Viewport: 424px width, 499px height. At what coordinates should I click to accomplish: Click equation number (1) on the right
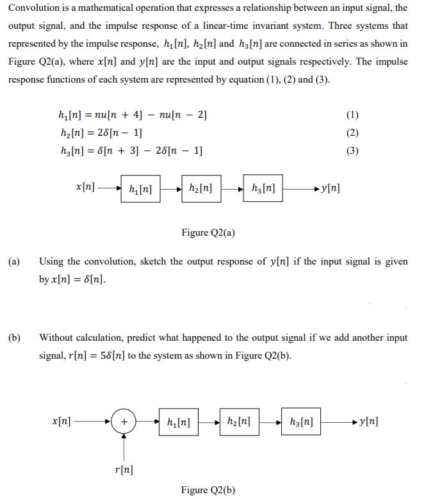coord(352,116)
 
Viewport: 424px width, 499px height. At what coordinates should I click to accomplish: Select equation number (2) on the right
coord(352,133)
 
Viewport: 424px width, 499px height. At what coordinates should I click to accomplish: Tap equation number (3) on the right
coord(352,151)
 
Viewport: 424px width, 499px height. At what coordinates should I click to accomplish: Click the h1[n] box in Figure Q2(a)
coord(140,189)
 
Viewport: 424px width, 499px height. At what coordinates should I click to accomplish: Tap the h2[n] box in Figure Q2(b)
coord(239,423)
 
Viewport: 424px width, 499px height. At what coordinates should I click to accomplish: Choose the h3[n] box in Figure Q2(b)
coord(300,423)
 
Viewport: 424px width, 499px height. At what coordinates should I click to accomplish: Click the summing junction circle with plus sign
coord(124,423)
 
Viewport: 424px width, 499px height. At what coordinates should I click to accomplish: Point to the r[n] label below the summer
coord(124,471)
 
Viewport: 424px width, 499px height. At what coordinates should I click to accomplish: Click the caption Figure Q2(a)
coord(208,233)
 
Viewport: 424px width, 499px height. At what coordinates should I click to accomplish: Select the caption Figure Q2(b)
coord(208,490)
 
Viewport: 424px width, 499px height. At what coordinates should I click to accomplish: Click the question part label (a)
coord(14,262)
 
